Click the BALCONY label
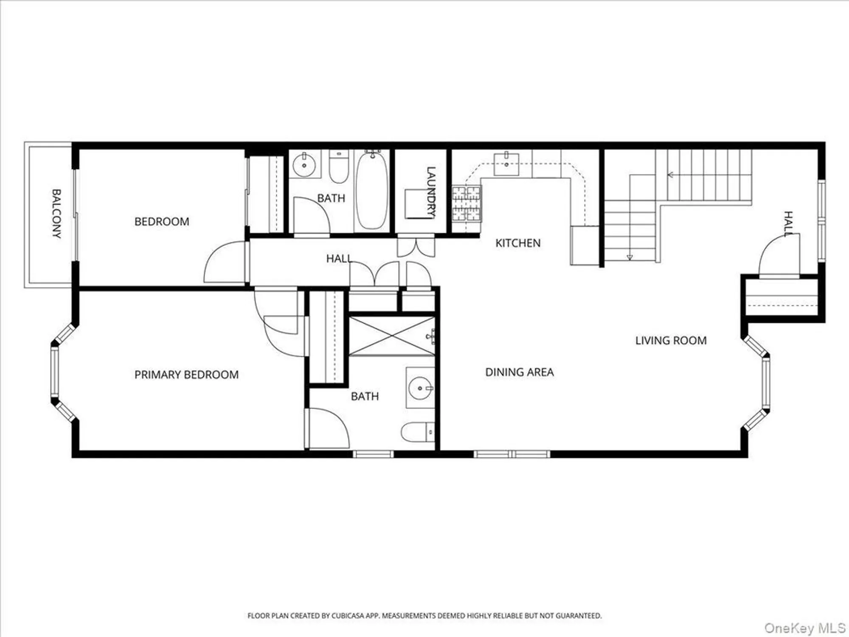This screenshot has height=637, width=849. tap(56, 214)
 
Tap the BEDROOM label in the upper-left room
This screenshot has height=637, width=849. tap(162, 222)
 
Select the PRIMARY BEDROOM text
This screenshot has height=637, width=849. tap(186, 375)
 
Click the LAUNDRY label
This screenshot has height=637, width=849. tap(430, 192)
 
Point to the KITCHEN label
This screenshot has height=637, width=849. tap(518, 243)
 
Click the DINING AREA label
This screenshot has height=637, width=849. tap(519, 372)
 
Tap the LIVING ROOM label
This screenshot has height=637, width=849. tap(671, 341)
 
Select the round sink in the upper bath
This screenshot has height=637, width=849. tap(304, 165)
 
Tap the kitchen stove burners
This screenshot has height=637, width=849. tap(466, 204)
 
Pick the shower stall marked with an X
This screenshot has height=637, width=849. tap(392, 336)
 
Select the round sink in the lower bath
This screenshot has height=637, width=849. tap(420, 388)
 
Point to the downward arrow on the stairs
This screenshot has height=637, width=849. tap(630, 257)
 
